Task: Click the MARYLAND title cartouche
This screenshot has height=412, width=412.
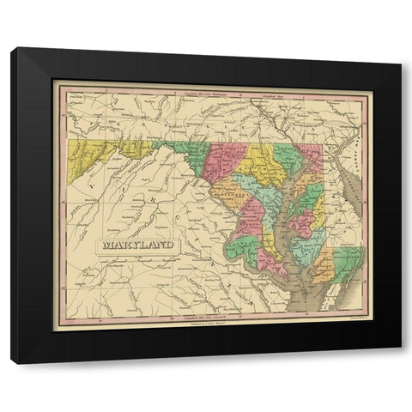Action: click(x=137, y=245)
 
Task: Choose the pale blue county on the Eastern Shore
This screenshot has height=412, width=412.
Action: click(x=304, y=245)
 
